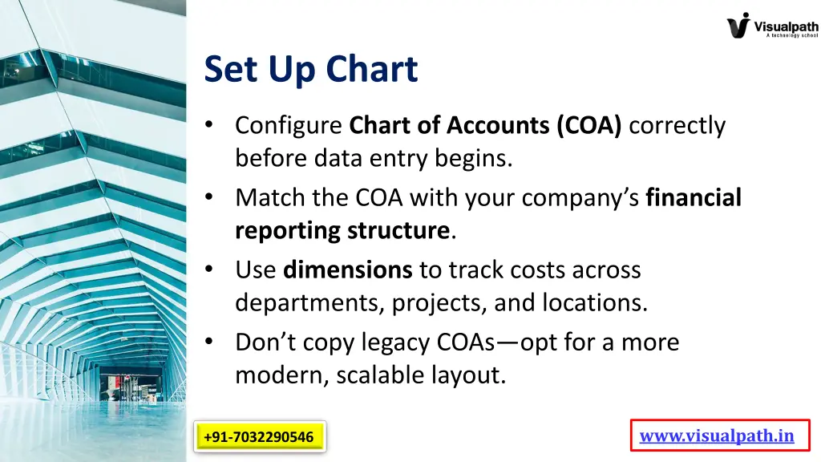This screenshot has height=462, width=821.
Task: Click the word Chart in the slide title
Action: point(374,69)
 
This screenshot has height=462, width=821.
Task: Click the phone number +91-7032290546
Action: point(258,437)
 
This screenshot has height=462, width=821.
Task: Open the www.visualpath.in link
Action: point(717,436)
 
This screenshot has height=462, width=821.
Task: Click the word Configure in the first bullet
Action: point(289,125)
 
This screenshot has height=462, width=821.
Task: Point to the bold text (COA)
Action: point(588,125)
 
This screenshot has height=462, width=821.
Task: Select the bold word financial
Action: point(694,197)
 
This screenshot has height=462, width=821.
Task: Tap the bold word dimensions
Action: point(348,269)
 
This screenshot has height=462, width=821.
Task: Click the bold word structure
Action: point(398,231)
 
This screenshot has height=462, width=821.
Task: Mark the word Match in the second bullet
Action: point(269,197)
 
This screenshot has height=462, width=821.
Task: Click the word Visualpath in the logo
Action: point(787,26)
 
